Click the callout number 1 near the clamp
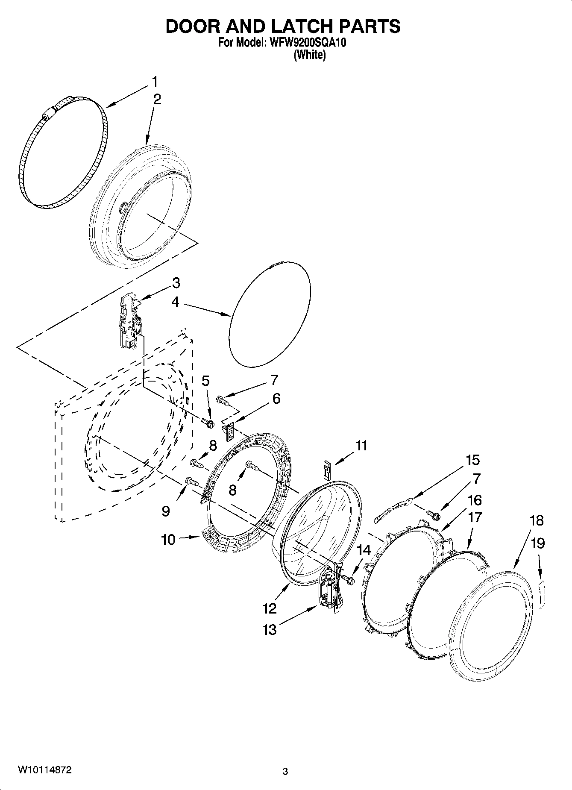pyautogui.click(x=155, y=81)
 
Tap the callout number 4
pyautogui.click(x=175, y=302)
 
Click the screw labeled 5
pyautogui.click(x=208, y=423)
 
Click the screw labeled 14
pyautogui.click(x=349, y=579)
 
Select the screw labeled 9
pyautogui.click(x=192, y=482)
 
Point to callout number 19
pyautogui.click(x=538, y=543)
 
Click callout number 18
pyautogui.click(x=537, y=520)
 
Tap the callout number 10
pyautogui.click(x=168, y=540)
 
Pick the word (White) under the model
pyautogui.click(x=310, y=56)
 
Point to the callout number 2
pyautogui.click(x=157, y=100)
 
